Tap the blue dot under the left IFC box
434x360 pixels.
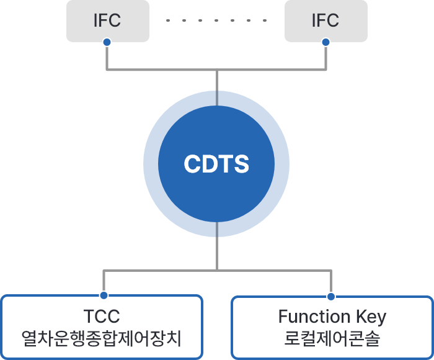[x=107, y=42]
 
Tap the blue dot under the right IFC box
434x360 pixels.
[x=325, y=42]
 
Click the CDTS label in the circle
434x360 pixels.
[x=216, y=164]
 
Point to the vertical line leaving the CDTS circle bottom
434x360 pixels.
[x=216, y=245]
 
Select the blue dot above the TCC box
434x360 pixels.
[x=104, y=295]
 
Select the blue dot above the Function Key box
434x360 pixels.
[x=331, y=295]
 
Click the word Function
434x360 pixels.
[x=313, y=317]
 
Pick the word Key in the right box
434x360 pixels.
[x=370, y=317]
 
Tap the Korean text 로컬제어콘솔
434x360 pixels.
[x=332, y=340]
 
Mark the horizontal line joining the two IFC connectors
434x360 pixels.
[x=161, y=70]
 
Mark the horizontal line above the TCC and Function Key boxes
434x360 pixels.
[x=161, y=270]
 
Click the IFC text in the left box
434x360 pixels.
[x=107, y=20]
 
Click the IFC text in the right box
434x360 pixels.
[x=325, y=20]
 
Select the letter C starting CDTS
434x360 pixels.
[x=192, y=164]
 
